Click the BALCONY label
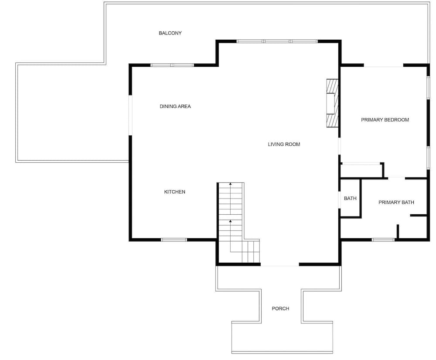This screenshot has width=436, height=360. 170,33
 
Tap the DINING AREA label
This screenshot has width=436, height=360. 175,106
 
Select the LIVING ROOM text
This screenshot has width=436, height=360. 284,144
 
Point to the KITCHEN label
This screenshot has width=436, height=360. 175,192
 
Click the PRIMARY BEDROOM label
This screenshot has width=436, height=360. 385,120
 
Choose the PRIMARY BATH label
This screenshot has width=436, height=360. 396,202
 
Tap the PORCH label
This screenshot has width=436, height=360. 280,309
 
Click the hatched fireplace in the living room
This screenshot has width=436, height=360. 333,103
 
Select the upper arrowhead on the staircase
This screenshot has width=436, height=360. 230,184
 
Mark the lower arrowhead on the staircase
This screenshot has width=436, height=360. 230,221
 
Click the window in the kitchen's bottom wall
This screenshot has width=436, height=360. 174,240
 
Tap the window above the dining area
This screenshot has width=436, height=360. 172,65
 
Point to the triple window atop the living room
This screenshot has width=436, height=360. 277,41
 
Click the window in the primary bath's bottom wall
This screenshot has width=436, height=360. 383,240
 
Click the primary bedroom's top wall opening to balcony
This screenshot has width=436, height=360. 383,65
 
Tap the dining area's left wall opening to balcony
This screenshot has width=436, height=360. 130,115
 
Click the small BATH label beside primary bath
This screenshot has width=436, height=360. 350,199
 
